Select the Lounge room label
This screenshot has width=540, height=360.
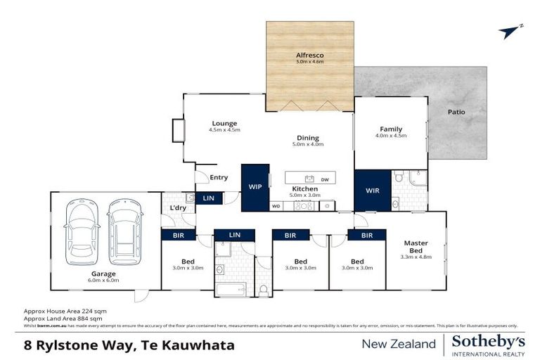click(224, 123)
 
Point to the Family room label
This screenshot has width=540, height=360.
click(391, 129)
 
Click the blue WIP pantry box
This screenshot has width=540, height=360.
click(255, 187)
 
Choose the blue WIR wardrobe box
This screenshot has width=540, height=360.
click(372, 190)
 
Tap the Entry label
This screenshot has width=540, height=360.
click(219, 177)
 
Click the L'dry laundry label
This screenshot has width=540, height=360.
click(178, 209)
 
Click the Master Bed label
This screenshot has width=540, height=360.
click(416, 247)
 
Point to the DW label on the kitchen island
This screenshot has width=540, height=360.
click(325, 179)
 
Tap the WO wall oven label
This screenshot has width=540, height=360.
click(276, 206)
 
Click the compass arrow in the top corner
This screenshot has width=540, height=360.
click(509, 32)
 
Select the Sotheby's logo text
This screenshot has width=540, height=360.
click(488, 341)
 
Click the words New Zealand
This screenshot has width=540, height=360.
click(399, 344)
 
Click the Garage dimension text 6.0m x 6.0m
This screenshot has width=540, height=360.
click(103, 281)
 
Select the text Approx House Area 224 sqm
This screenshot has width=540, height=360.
click(65, 310)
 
